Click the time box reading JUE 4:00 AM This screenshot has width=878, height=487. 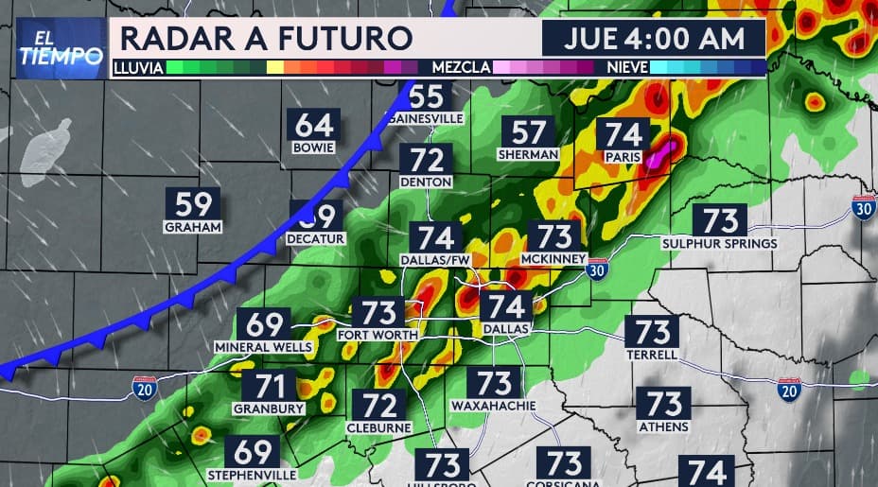coord(653,39)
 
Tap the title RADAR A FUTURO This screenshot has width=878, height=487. coord(266,39)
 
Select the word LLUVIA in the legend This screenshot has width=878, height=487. coord(139,68)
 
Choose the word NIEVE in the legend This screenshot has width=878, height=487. coord(623,68)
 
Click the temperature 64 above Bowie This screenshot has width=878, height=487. coord(315,126)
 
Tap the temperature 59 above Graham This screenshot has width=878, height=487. coord(193,204)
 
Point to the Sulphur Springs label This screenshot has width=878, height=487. coord(719,243)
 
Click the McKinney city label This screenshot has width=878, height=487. coord(554,258)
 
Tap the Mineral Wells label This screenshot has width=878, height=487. coord(265,348)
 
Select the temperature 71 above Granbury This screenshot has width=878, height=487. coord(270,387)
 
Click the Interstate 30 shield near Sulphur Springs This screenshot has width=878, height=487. coord(862,206)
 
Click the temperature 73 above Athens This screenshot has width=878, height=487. coord(664,403)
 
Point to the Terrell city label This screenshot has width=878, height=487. coord(652,355)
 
